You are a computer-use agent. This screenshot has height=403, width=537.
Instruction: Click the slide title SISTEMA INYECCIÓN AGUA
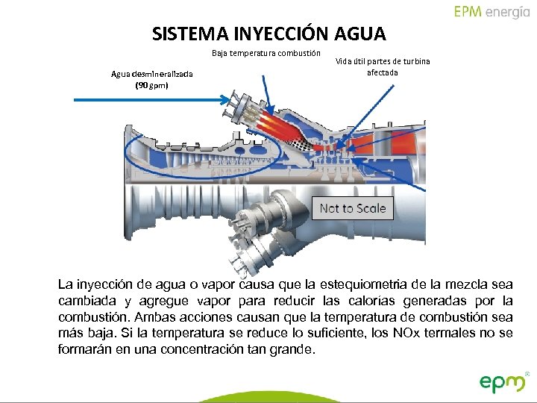coord(268,34)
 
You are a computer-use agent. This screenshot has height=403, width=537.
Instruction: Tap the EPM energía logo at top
coord(492,12)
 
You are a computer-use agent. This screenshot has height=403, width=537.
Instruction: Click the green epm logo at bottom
coord(503,382)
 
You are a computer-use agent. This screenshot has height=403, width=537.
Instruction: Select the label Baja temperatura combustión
coord(266,53)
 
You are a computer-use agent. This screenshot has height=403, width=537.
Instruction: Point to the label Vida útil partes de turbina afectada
coord(383,67)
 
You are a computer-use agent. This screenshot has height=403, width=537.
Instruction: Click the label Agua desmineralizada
coord(152,74)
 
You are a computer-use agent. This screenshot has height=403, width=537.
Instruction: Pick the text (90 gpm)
coord(152,85)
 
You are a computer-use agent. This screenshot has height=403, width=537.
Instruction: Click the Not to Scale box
coord(353,208)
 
